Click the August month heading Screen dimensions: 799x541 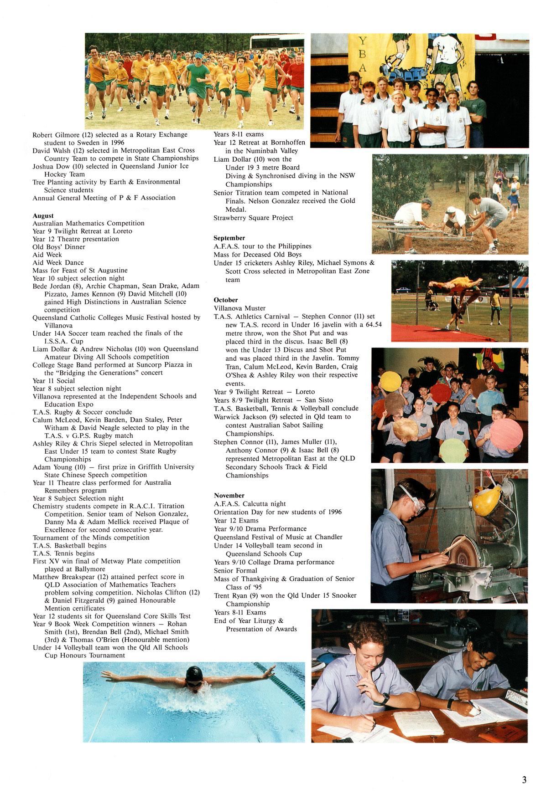tap(43, 215)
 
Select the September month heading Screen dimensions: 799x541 tap(229, 238)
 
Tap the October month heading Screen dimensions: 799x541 tap(226, 300)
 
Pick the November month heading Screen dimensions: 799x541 tap(229, 495)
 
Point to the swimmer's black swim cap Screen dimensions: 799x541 tap(194, 672)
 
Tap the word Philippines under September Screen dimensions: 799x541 tap(295, 246)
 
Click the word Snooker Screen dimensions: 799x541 tap(344, 595)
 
